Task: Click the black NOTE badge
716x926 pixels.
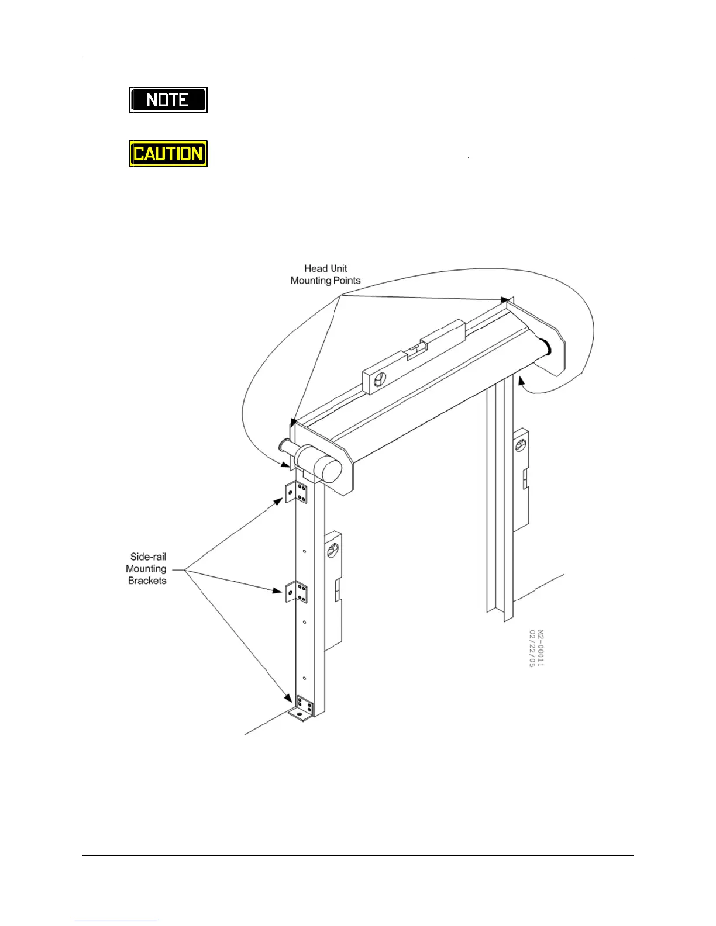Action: pos(168,100)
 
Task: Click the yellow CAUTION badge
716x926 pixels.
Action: pos(168,153)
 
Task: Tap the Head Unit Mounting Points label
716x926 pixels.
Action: pos(325,274)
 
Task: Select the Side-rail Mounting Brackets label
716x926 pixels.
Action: pos(147,568)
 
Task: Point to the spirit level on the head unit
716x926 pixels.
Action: pos(413,357)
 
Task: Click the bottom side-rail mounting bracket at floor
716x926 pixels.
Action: pos(302,710)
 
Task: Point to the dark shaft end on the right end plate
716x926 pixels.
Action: pos(546,347)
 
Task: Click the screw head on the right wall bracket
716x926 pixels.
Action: pos(520,446)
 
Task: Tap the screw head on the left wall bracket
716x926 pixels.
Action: pos(332,552)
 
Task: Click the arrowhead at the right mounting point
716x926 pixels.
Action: pos(505,300)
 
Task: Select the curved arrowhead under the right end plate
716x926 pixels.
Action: pos(521,381)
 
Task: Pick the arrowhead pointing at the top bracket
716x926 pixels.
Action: pos(278,500)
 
